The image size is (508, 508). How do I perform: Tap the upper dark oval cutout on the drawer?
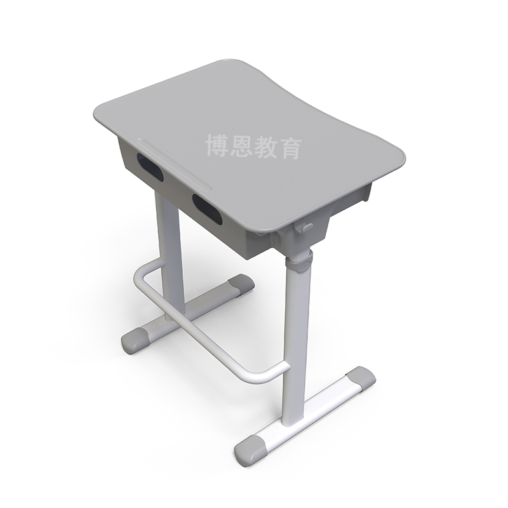(x=150, y=168)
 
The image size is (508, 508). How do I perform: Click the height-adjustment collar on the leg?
(x=302, y=261)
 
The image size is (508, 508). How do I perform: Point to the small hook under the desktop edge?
(x=307, y=226)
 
